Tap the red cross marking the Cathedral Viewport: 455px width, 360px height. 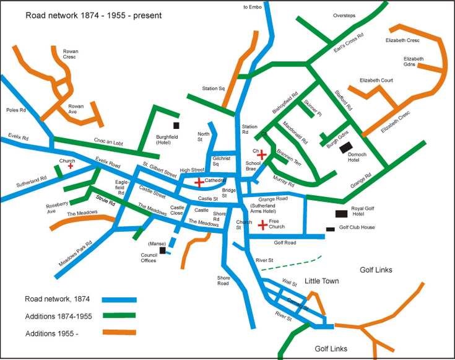[199, 182]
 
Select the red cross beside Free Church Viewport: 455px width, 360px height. [262, 224]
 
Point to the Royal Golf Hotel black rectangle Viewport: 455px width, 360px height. [341, 213]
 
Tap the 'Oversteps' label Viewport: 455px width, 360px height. [344, 15]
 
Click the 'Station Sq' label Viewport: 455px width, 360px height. [213, 89]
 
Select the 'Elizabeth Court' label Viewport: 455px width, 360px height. [376, 80]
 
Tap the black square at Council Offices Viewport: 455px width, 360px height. [162, 250]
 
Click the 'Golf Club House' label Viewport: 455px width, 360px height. [357, 227]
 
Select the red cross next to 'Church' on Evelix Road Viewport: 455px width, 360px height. [71, 166]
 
